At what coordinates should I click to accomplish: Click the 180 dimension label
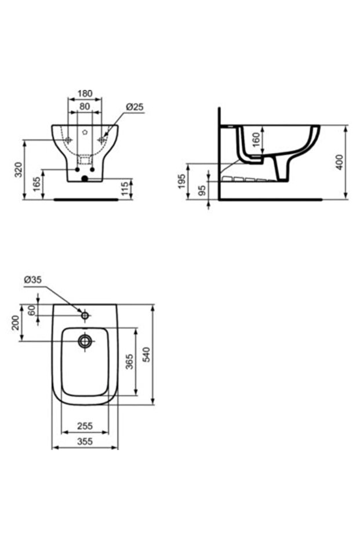[x=85, y=93]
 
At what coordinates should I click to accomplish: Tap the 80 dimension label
[x=85, y=106]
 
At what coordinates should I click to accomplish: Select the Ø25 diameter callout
[x=134, y=107]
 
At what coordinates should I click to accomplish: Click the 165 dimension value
[x=37, y=184]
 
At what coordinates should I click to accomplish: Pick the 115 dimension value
[x=125, y=189]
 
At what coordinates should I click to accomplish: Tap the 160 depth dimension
[x=256, y=140]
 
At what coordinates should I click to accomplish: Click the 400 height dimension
[x=339, y=162]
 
